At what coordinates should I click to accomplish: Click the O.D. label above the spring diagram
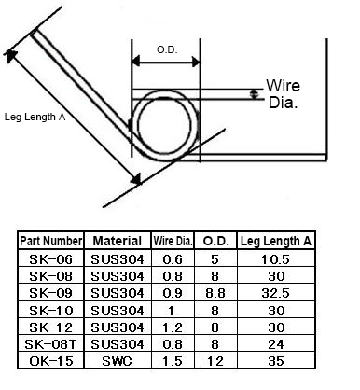click(x=167, y=49)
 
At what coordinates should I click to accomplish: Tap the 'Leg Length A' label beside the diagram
click(x=35, y=117)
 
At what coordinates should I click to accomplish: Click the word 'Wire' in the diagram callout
click(x=283, y=86)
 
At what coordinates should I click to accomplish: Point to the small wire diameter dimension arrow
click(x=255, y=94)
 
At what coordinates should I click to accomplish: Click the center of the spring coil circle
click(x=164, y=125)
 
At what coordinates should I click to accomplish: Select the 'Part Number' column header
click(x=51, y=241)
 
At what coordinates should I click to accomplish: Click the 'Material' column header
click(x=118, y=241)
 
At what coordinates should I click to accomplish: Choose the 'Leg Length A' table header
click(x=276, y=241)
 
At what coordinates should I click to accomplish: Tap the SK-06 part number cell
click(x=51, y=259)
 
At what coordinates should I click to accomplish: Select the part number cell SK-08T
click(x=51, y=344)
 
